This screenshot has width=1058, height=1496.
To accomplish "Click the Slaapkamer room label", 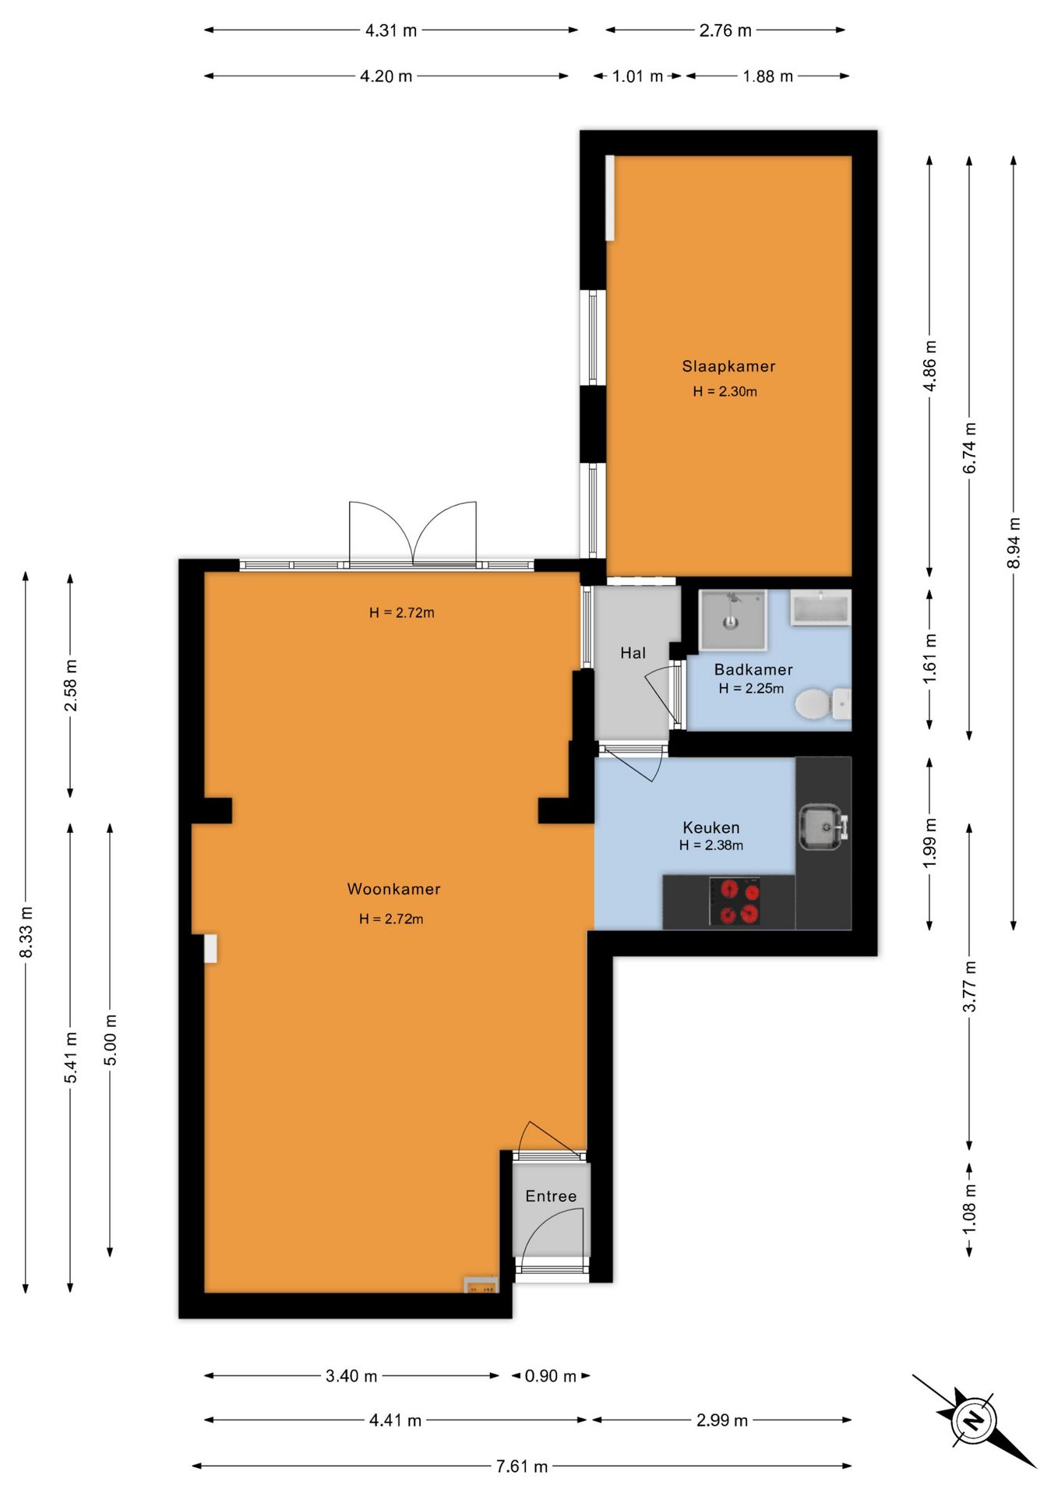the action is (x=728, y=366).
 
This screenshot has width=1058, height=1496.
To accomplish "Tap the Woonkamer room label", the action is (x=393, y=889).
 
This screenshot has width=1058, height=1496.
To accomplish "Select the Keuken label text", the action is (x=711, y=827).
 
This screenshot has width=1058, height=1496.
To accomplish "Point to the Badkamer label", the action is (x=753, y=669).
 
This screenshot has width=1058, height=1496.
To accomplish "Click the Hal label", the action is (x=633, y=653).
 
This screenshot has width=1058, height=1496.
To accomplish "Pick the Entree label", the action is (x=551, y=1196).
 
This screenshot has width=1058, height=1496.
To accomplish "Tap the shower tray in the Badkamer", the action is (x=732, y=620).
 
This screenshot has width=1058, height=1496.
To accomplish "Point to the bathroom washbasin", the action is (x=820, y=608).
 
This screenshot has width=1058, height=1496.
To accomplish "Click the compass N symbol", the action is (x=973, y=1420).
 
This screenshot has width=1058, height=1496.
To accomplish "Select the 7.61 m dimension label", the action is (x=522, y=1466).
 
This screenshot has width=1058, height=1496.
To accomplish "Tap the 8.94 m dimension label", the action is (x=1014, y=542).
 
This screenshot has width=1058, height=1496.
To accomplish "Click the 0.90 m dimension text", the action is (x=551, y=1376).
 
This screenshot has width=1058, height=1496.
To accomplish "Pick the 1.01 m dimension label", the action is (x=637, y=76).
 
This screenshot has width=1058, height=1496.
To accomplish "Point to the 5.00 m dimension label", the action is (x=111, y=1040).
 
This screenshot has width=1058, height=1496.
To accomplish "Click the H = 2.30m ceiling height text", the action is (x=725, y=391).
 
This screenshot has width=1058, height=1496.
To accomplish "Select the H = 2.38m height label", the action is (x=711, y=845).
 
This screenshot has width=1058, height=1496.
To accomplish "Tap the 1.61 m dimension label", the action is (x=929, y=659).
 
